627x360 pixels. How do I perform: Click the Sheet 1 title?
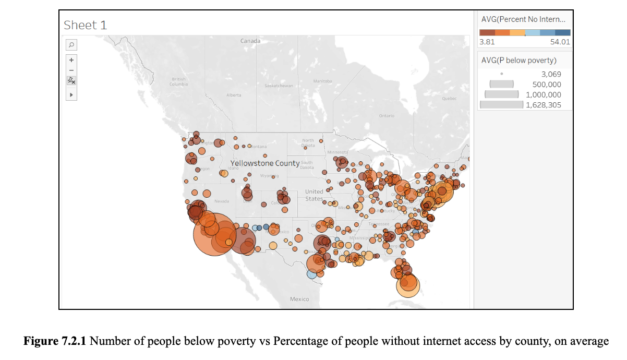coord(85,25)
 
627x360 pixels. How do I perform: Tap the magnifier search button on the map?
coord(71,45)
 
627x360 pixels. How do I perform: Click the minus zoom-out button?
coord(71,70)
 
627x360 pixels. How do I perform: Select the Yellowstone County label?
coord(265,163)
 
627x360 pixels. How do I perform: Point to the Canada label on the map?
coord(250,41)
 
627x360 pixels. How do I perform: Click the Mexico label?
coord(299,299)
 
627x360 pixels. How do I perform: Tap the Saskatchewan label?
coord(279,86)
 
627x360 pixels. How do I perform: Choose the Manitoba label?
coord(322,81)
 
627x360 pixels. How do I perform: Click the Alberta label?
coord(234,95)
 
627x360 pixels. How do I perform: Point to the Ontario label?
coord(387,115)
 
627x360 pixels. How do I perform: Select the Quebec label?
coord(449,98)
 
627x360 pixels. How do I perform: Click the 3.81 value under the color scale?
coord(487,42)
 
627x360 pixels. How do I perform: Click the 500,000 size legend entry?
coord(546,85)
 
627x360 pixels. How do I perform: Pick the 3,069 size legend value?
coord(551,74)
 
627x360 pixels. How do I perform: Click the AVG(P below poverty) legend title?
coord(519,60)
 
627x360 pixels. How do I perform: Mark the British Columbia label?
coord(178,82)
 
